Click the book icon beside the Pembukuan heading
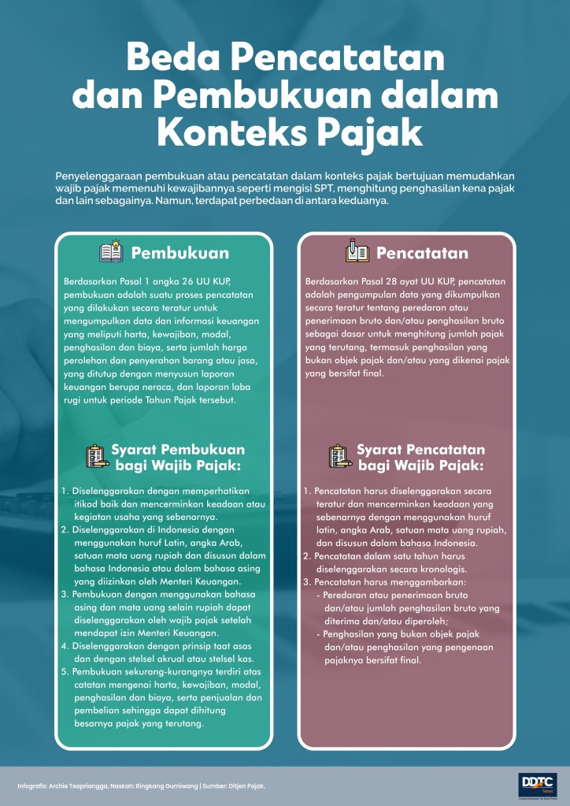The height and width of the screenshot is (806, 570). click(110, 253)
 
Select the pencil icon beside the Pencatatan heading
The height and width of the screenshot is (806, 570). click(357, 253)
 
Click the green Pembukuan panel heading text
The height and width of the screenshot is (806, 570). click(180, 253)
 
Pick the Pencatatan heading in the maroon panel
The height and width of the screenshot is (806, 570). click(422, 253)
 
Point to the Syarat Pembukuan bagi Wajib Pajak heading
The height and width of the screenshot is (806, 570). click(178, 458)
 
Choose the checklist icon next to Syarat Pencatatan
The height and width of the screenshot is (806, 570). click(339, 457)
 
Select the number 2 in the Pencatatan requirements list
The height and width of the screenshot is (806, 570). click(307, 555)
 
